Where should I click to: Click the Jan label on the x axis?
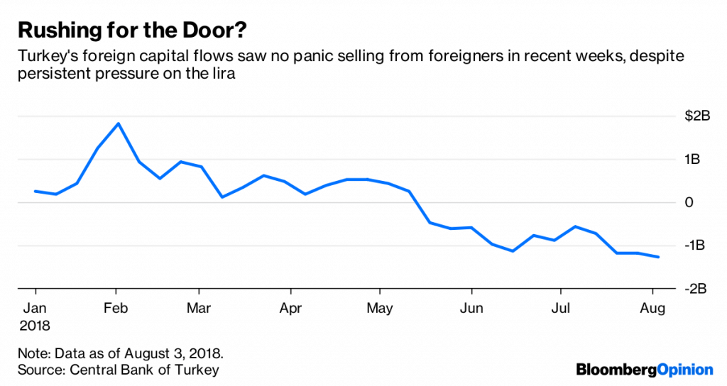click(35, 309)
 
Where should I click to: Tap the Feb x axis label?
click(116, 309)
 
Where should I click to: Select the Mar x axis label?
click(199, 309)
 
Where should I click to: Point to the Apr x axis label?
click(290, 309)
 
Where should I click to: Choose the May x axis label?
click(379, 309)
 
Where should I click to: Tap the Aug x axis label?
click(652, 309)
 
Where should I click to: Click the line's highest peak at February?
click(118, 123)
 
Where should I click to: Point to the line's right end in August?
click(660, 257)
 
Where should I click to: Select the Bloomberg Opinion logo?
click(644, 369)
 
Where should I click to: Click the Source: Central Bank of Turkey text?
click(119, 369)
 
